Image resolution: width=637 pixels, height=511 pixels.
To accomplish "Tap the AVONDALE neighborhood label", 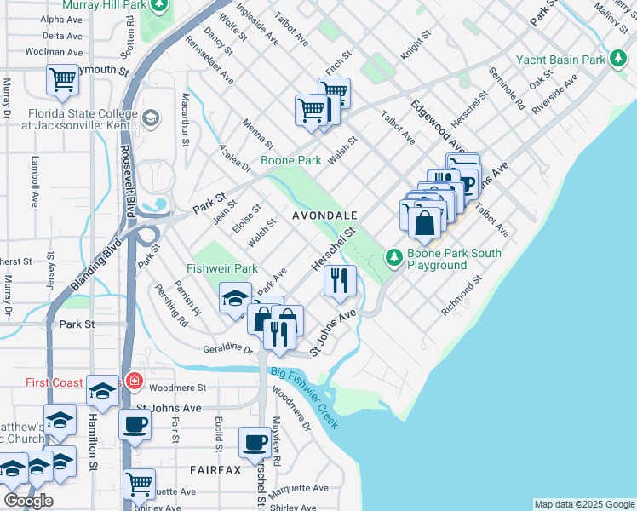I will click(324, 216).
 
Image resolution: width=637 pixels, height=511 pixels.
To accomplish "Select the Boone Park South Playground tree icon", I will click(393, 255).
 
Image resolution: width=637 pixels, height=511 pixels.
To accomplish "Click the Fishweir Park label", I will click(221, 268).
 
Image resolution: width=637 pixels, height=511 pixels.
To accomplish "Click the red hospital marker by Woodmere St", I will click(134, 380).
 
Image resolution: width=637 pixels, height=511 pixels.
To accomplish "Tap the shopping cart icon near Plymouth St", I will click(62, 81).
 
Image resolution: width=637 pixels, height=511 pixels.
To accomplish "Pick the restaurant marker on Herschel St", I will click(340, 280).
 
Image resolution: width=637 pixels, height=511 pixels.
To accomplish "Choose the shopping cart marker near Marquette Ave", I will click(139, 484).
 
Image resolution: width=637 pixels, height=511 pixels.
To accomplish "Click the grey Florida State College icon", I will click(152, 117).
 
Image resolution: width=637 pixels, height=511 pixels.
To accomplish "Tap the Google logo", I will click(28, 500).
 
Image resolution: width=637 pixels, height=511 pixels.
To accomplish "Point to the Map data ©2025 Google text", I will click(583, 504).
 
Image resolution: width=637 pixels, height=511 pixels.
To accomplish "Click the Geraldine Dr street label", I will click(228, 349).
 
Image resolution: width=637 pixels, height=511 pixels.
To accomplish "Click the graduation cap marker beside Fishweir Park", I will click(236, 297).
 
